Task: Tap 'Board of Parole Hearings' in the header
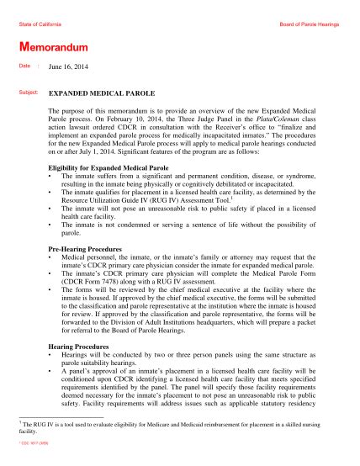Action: coord(309,25)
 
